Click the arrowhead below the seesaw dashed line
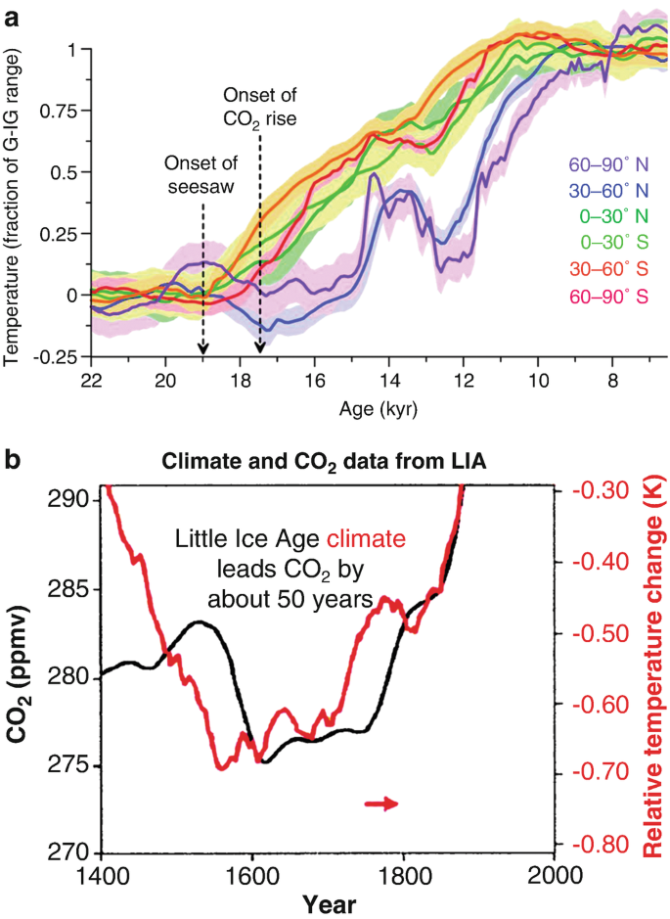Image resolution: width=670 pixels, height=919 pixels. click(x=203, y=348)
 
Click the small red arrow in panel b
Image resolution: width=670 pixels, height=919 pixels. click(x=381, y=804)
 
